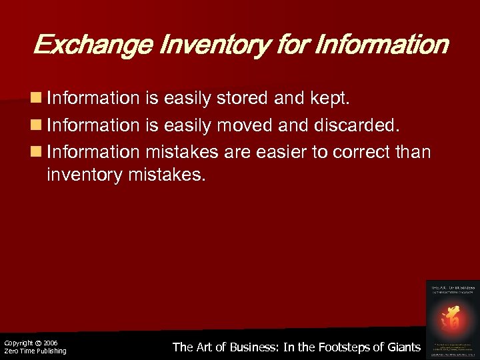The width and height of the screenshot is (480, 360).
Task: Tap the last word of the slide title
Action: pyautogui.click(x=382, y=45)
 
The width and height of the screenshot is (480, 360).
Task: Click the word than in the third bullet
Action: pyautogui.click(x=414, y=153)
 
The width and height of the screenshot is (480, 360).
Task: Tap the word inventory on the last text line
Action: pyautogui.click(x=83, y=177)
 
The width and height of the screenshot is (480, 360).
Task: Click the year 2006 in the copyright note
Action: pyautogui.click(x=50, y=343)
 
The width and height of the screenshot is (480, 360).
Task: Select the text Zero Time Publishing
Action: pyautogui.click(x=35, y=351)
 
